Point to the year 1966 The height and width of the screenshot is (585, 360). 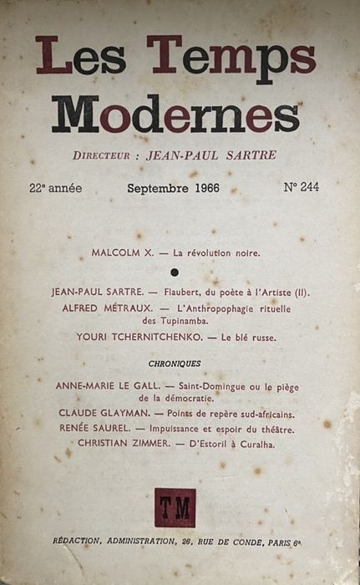point(202,188)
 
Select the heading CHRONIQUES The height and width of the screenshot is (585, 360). point(175,364)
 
